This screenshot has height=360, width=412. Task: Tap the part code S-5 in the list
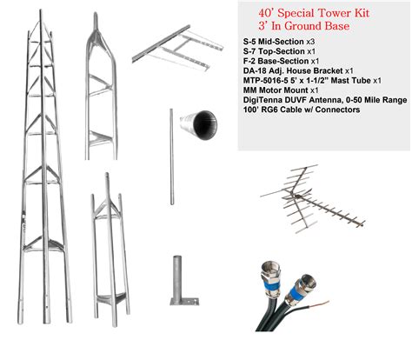(252, 42)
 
